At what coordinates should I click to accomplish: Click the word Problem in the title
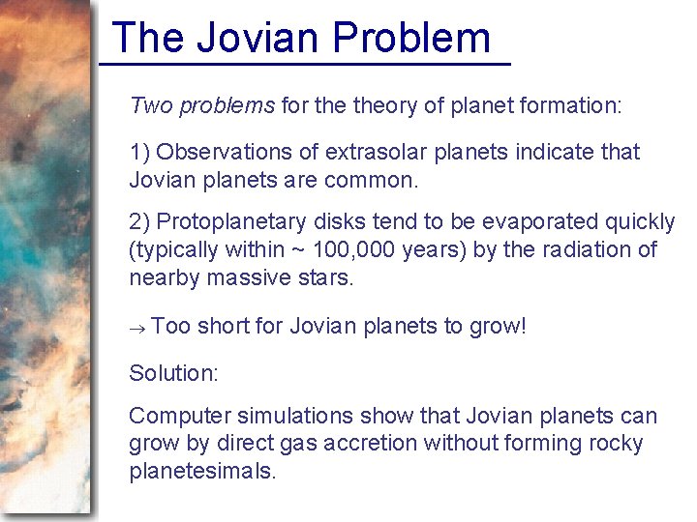pos(411,38)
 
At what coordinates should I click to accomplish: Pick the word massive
pos(255,278)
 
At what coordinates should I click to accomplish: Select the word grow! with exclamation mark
pos(498,327)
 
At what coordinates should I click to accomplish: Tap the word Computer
pos(181,417)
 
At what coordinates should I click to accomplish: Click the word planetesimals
pos(202,472)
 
